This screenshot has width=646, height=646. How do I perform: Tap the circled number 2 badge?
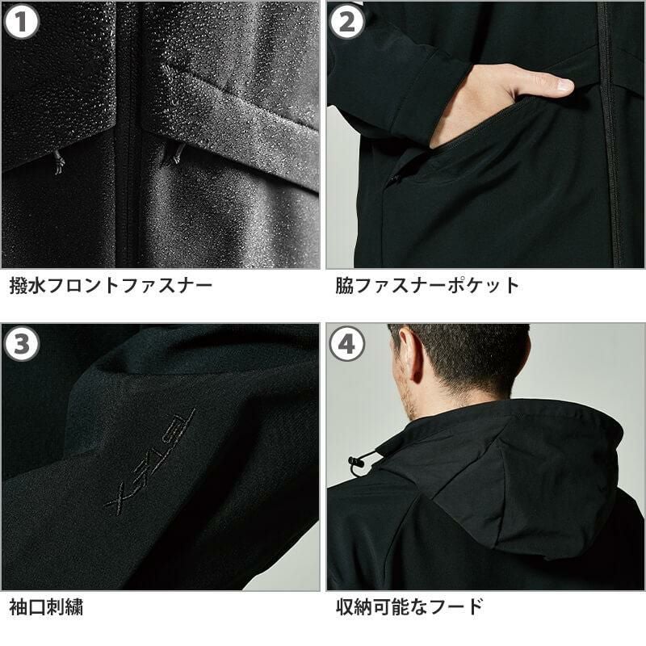(347, 23)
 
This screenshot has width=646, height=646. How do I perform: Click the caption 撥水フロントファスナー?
(111, 285)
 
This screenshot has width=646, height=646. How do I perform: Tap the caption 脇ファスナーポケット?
(428, 285)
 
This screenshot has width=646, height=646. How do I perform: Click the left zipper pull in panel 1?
(58, 162)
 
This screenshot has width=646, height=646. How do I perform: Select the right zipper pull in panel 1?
(177, 153)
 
